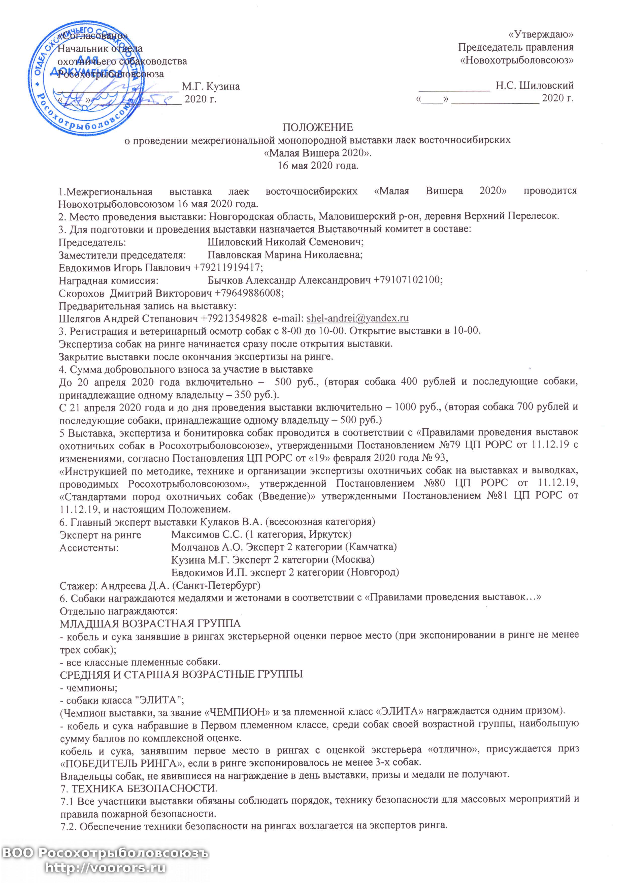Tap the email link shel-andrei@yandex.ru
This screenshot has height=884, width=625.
click(x=357, y=319)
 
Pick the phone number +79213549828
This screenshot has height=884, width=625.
click(x=234, y=319)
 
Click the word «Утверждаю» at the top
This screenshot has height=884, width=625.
click(x=541, y=35)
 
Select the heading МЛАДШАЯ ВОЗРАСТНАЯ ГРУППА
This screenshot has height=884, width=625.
click(x=150, y=623)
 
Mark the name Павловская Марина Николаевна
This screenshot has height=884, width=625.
click(x=285, y=255)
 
